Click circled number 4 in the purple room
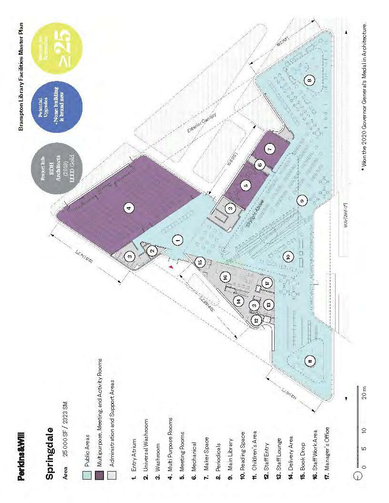pyautogui.click(x=128, y=207)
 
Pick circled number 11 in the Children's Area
pyautogui.click(x=310, y=362)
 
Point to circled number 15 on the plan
pyautogui.click(x=200, y=261)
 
